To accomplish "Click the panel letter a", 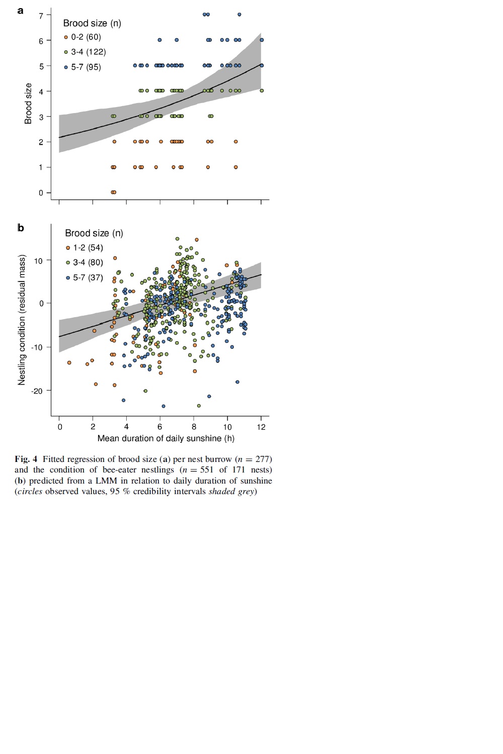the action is pyautogui.click(x=21, y=11).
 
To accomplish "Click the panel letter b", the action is pyautogui.click(x=21, y=228).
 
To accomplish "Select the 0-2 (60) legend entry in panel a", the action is pyautogui.click(x=82, y=37).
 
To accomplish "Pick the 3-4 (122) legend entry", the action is pyautogui.click(x=85, y=52).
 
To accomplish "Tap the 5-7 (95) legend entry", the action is pyautogui.click(x=82, y=67).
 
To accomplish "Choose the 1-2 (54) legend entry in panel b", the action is pyautogui.click(x=85, y=248).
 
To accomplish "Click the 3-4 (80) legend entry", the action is pyautogui.click(x=85, y=262).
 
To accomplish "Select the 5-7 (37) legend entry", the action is pyautogui.click(x=85, y=277).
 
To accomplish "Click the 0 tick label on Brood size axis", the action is pyautogui.click(x=41, y=193).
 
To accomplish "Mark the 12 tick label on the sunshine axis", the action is pyautogui.click(x=261, y=427).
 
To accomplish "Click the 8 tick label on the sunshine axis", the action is pyautogui.click(x=194, y=427).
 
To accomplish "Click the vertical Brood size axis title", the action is pyautogui.click(x=28, y=104).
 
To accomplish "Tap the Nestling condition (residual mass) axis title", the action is pyautogui.click(x=22, y=320).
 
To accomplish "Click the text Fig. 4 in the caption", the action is pyautogui.click(x=26, y=459).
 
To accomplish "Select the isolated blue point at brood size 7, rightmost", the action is pyautogui.click(x=239, y=15).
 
